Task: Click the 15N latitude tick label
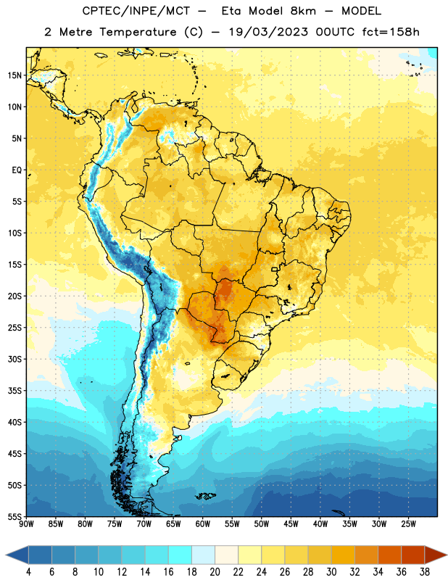(14, 75)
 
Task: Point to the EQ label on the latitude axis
(17, 170)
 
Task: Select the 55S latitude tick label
(14, 516)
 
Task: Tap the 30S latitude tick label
(14, 359)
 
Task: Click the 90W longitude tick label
(26, 523)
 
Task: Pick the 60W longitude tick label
(203, 523)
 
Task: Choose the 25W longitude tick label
(408, 523)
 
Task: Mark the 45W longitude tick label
(291, 523)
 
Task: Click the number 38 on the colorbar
(425, 572)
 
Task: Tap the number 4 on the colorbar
(28, 572)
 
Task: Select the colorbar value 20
(215, 572)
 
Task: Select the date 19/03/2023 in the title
(268, 32)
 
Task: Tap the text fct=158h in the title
(391, 32)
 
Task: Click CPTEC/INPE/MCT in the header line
(136, 11)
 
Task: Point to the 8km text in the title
(303, 11)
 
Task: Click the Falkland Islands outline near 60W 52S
(205, 496)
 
